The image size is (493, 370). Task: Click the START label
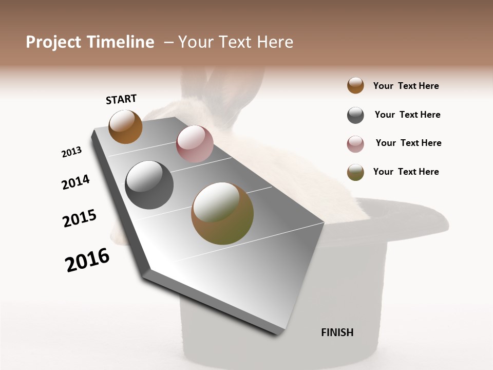point(121,99)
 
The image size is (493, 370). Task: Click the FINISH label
point(337,332)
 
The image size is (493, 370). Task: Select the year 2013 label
point(72,152)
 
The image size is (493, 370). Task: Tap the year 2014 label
point(75,182)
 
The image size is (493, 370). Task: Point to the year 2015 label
point(80,218)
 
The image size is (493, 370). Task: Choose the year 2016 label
point(87,260)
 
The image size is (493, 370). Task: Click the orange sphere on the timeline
point(125,126)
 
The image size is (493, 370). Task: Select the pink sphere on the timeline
point(195,144)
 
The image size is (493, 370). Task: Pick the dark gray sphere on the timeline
point(149,184)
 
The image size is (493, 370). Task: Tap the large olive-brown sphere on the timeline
point(222,213)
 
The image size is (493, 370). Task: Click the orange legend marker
point(355,85)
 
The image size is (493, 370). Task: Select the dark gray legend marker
point(355,115)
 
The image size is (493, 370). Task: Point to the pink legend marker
point(355,144)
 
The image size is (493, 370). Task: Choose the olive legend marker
point(355,172)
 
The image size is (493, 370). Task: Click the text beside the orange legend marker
point(406,86)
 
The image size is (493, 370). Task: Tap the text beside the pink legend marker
point(408,143)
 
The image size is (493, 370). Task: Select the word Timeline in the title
point(120,42)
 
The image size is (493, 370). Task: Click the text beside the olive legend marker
point(406,172)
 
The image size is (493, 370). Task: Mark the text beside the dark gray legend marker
point(407,115)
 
